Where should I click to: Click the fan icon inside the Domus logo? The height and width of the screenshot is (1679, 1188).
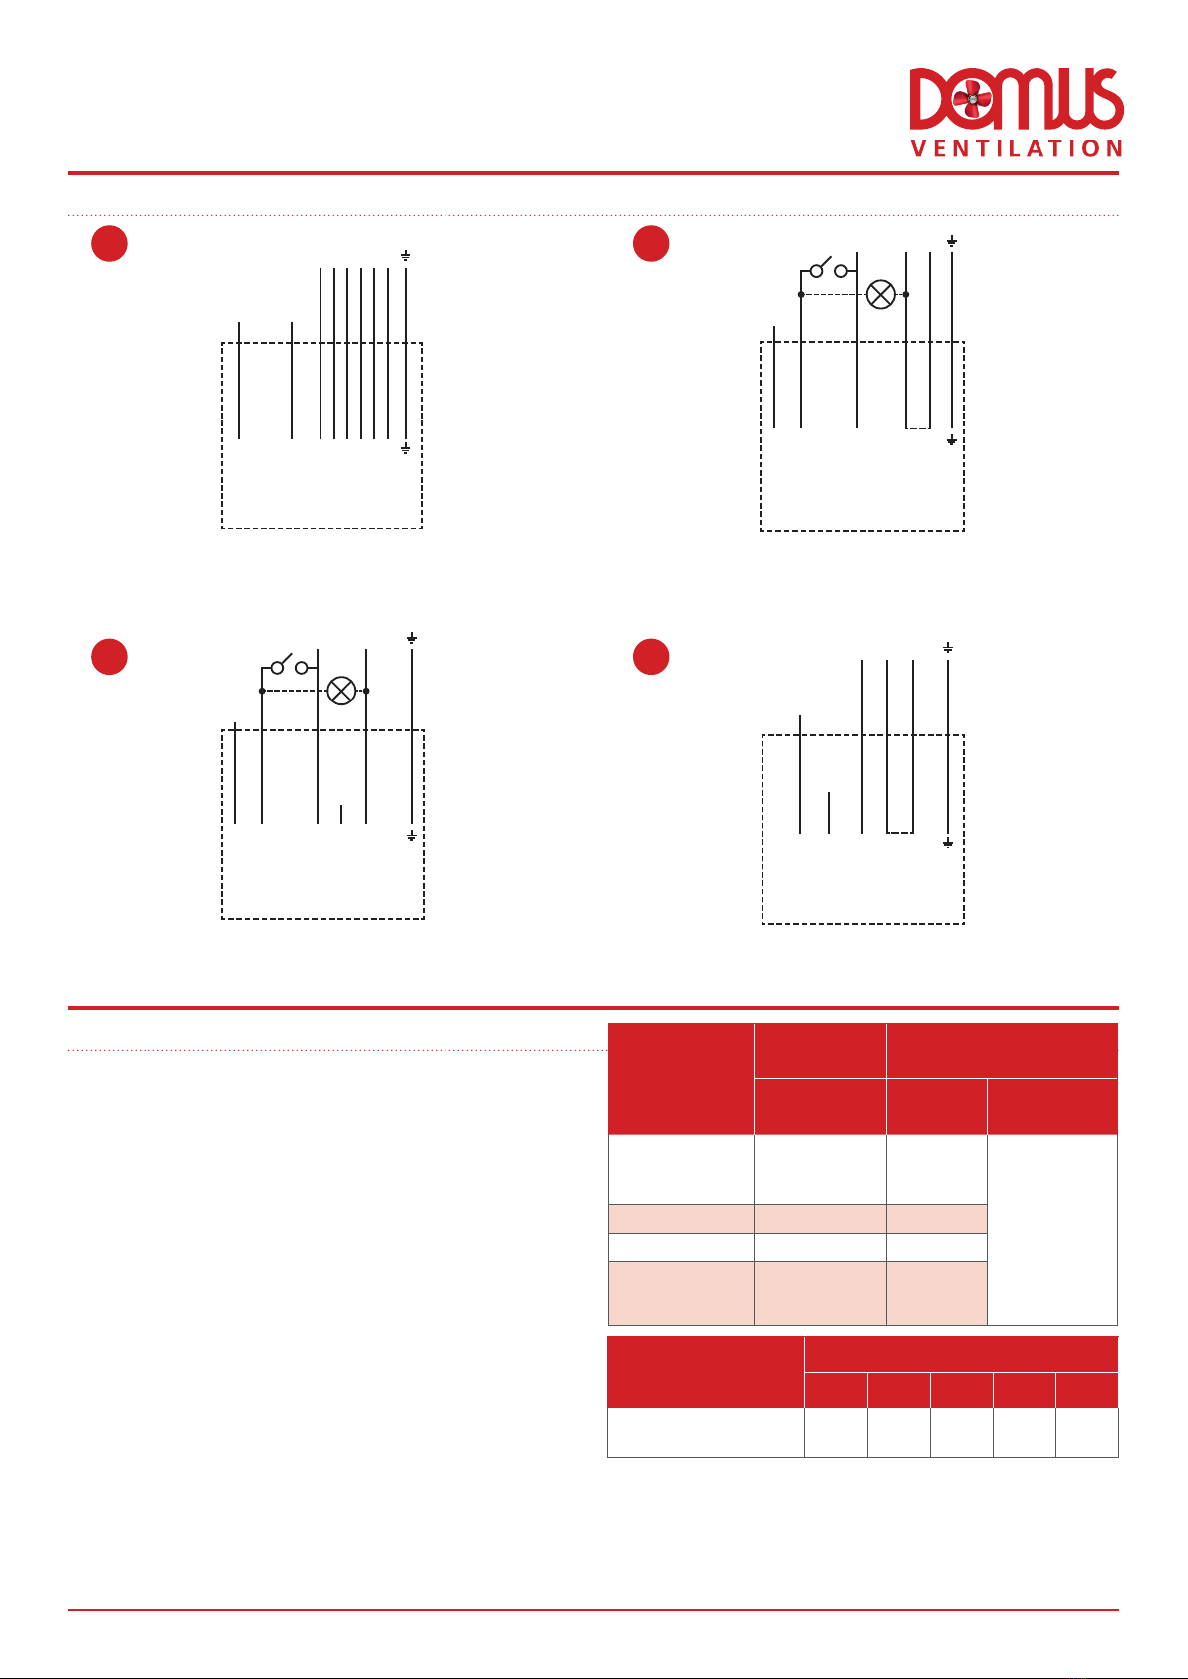point(972,98)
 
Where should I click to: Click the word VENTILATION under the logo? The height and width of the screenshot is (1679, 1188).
point(1017,148)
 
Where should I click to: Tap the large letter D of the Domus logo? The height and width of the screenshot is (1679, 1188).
point(930,99)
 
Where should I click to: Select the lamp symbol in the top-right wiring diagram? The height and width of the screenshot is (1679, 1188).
point(881,295)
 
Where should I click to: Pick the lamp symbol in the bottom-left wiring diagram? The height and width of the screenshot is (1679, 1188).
point(341,691)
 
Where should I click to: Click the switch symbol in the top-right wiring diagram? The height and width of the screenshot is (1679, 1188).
point(829,269)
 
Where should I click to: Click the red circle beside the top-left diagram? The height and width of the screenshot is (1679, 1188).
point(109,243)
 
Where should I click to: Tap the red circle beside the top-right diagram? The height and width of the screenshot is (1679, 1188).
point(651,243)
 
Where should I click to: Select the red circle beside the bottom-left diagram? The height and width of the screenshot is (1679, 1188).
point(109,657)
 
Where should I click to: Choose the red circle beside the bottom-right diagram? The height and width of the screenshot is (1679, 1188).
point(651,657)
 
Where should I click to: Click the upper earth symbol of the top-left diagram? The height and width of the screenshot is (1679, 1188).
point(405,256)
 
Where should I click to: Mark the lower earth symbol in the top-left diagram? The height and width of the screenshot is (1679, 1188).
point(405,449)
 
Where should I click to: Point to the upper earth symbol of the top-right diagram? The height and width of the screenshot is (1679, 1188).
point(951,241)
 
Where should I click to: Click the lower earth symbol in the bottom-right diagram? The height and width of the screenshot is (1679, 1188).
point(948,844)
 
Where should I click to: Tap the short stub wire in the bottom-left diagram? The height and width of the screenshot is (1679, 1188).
point(341,815)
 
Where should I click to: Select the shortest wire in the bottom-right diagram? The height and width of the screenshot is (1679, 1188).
point(829,812)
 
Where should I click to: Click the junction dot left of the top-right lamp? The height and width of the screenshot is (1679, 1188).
point(801,295)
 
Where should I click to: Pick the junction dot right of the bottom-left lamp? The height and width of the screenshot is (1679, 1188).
point(366,691)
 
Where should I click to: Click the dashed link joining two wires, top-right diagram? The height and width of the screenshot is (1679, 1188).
point(918,428)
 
